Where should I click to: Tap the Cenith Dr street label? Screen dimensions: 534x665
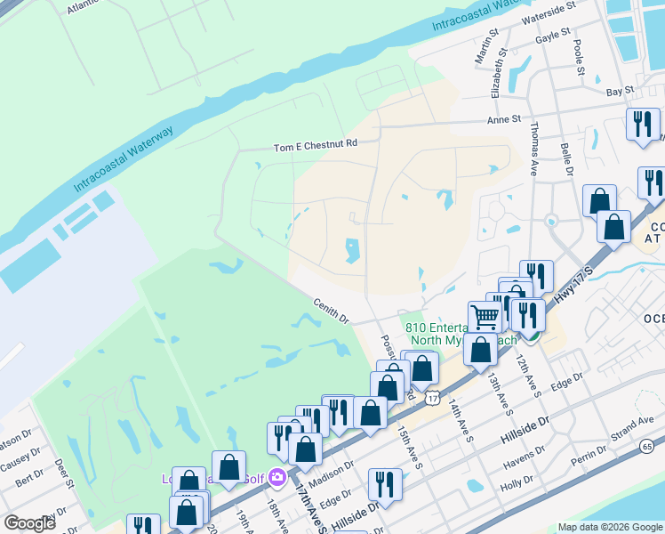[332, 311]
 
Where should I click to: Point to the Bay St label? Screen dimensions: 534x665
[619, 90]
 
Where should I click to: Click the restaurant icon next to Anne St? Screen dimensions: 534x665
[642, 123]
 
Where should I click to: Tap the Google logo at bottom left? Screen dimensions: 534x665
[28, 523]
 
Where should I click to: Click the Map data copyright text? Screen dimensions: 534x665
[609, 527]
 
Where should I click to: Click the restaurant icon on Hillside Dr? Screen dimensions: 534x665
[385, 484]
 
